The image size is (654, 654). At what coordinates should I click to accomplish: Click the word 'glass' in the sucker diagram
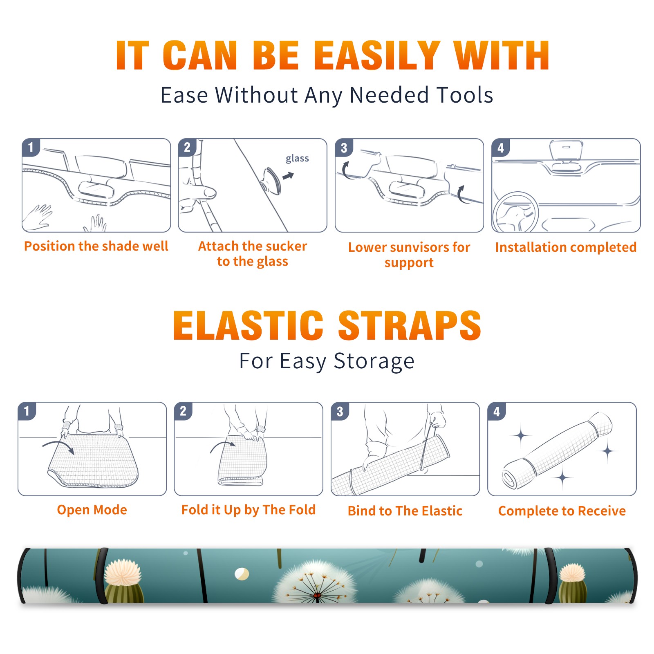click(x=297, y=159)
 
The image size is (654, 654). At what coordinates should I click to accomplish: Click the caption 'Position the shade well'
click(x=96, y=246)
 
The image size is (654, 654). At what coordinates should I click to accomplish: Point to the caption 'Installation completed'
click(x=566, y=247)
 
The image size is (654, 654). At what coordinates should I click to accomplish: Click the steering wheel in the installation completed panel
click(x=515, y=213)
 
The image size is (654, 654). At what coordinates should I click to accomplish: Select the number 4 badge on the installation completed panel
click(x=501, y=148)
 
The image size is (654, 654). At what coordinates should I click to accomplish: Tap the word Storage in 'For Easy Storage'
click(x=374, y=361)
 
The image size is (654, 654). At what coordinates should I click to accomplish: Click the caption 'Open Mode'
click(x=92, y=510)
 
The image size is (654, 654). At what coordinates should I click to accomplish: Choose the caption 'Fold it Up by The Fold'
click(x=249, y=510)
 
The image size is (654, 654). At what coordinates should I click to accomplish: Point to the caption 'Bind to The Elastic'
click(x=405, y=511)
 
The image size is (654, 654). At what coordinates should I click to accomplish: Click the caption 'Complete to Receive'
click(x=562, y=511)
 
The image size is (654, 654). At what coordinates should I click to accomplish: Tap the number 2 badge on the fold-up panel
click(x=183, y=411)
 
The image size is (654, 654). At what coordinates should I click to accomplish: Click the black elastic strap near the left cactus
click(x=101, y=576)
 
